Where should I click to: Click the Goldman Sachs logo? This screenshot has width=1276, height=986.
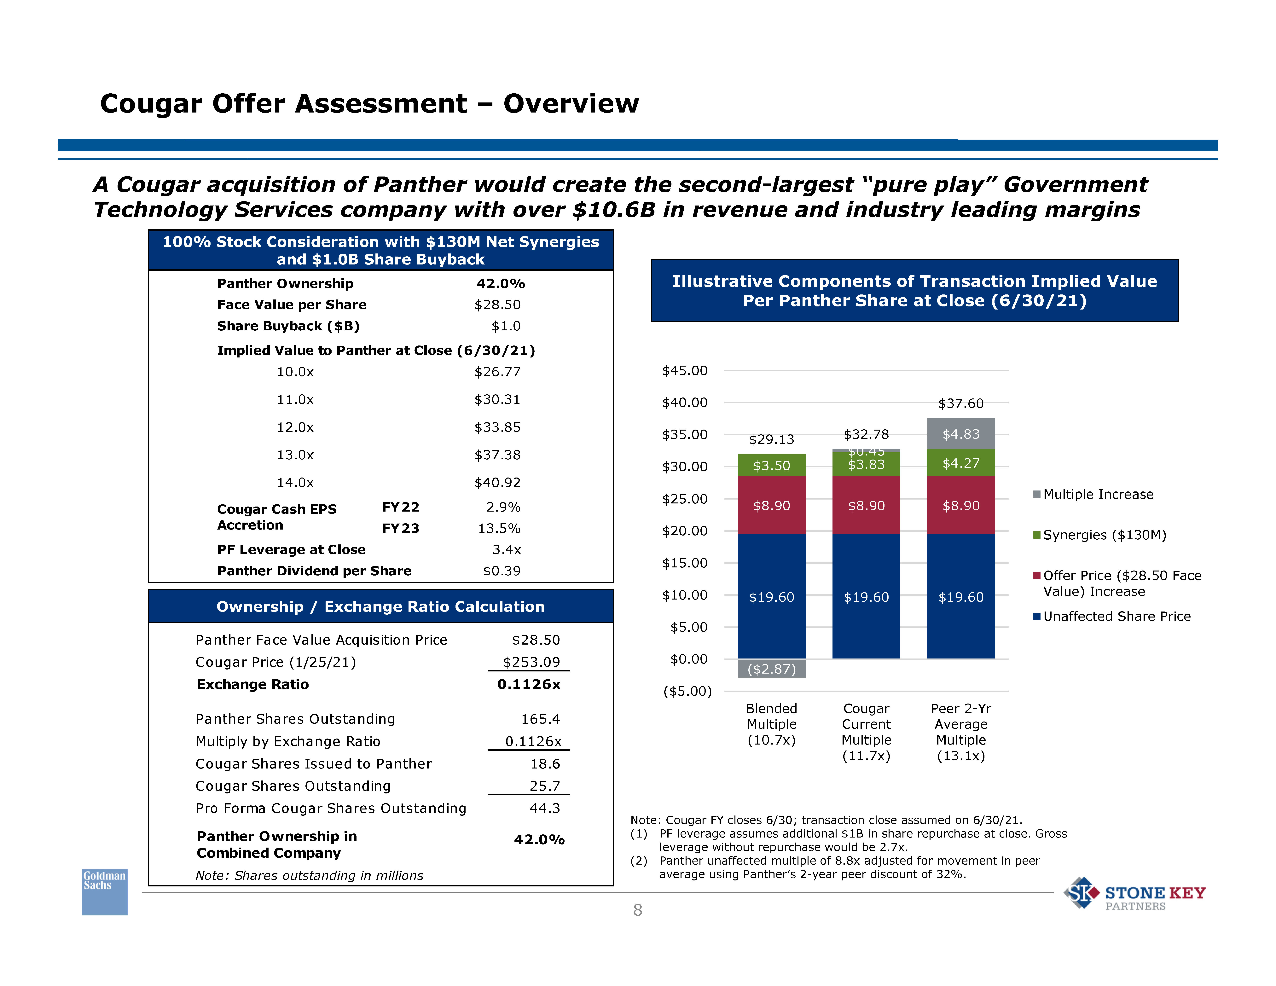click(x=105, y=891)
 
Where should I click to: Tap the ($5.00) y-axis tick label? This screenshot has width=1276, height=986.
click(x=687, y=692)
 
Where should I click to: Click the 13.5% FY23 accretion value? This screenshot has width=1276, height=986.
click(x=499, y=529)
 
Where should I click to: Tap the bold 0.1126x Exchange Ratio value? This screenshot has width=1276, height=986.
click(x=529, y=685)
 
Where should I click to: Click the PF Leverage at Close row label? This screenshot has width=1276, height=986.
click(x=291, y=550)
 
